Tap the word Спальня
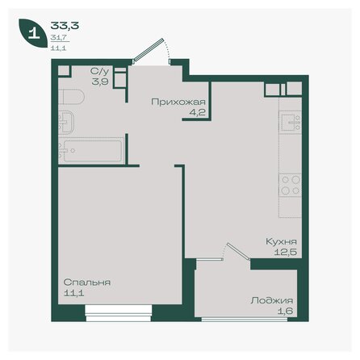[87, 283]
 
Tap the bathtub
[94, 151]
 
